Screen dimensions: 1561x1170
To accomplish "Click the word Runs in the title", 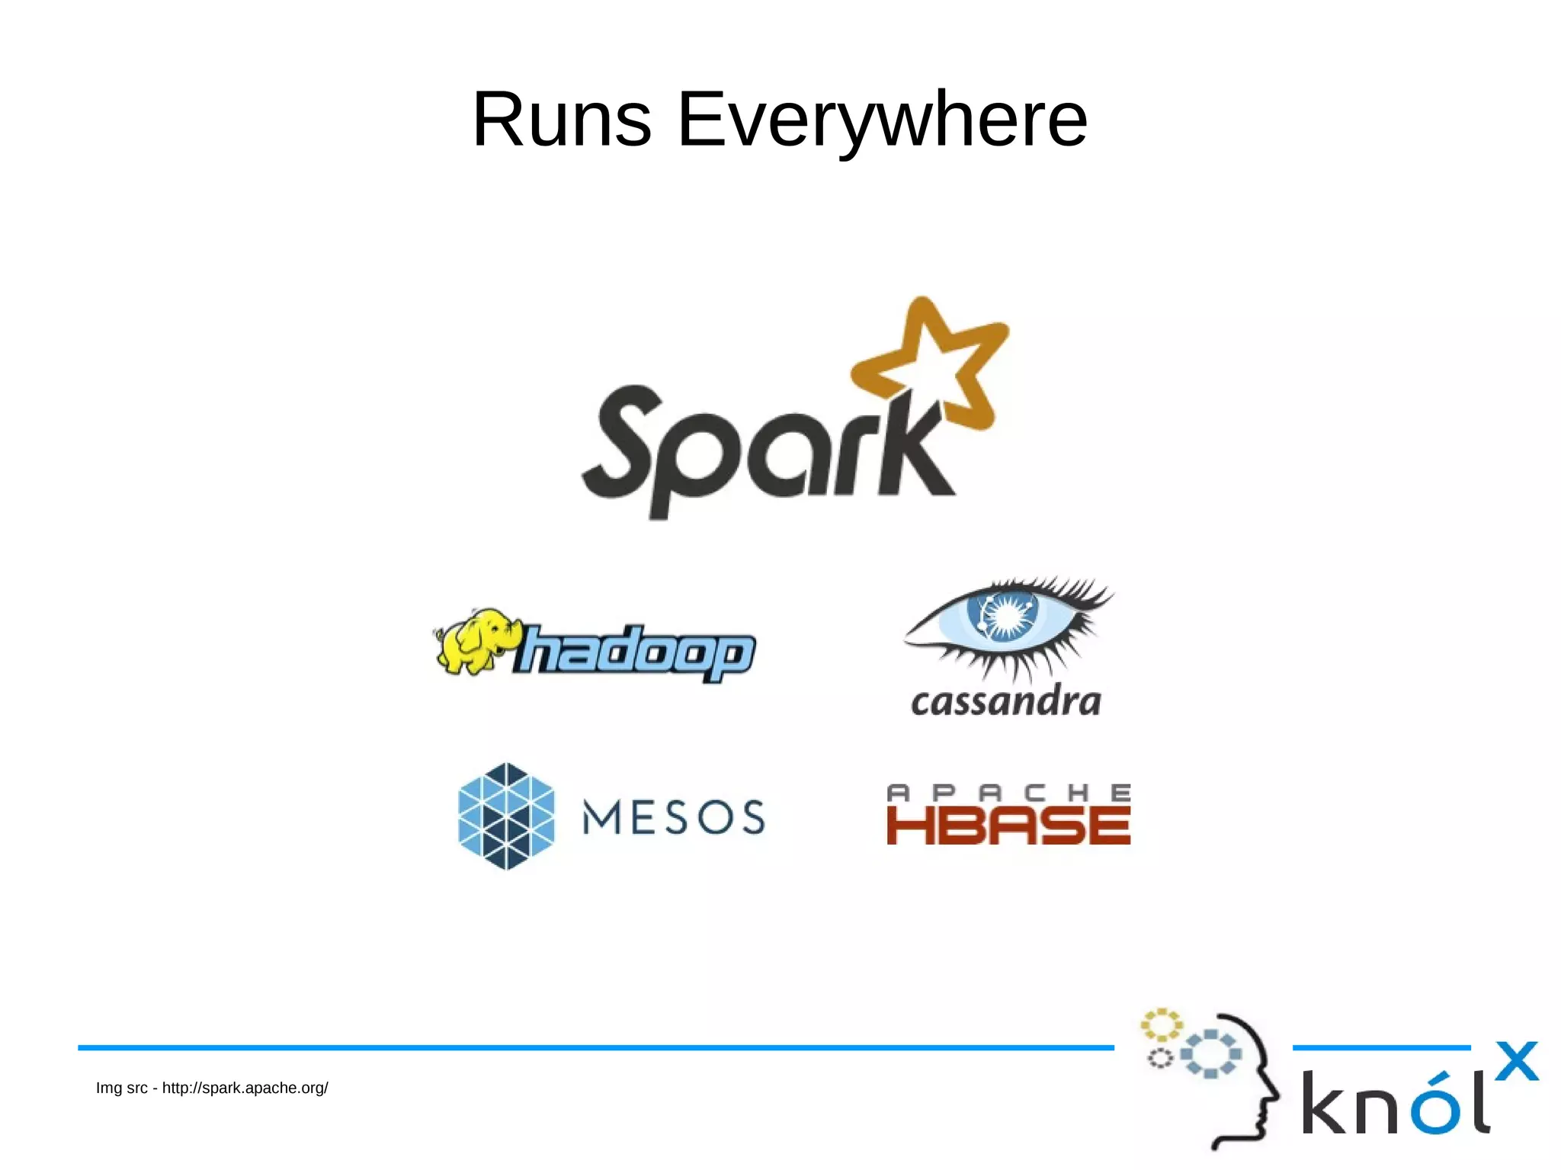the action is (x=562, y=120).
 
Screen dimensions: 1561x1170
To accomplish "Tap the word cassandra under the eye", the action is (x=1006, y=702).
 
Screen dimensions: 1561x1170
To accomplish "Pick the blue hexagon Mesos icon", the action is (x=506, y=816).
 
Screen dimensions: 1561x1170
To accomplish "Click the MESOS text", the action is (x=674, y=818).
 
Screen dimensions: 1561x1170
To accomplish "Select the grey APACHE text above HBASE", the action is (x=1008, y=793).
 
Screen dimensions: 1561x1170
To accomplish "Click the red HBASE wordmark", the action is (x=1008, y=825).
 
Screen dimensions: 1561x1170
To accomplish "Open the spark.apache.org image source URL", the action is (x=245, y=1088).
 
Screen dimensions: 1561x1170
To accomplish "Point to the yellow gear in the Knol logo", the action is (x=1161, y=1025).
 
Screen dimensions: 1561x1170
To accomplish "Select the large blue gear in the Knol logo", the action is (x=1210, y=1054).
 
